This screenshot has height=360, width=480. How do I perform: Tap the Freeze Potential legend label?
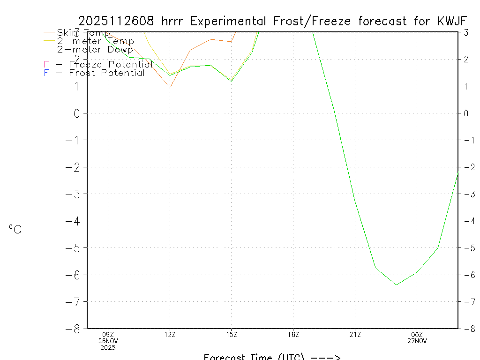pyautogui.click(x=98, y=64)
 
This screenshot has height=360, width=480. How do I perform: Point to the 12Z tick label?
pyautogui.click(x=170, y=334)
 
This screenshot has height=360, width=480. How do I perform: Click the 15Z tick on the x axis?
pyautogui.click(x=231, y=334)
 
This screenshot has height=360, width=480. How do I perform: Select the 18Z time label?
pyautogui.click(x=293, y=334)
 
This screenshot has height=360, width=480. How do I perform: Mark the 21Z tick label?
pyautogui.click(x=355, y=334)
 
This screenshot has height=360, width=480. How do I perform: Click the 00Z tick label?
pyautogui.click(x=416, y=334)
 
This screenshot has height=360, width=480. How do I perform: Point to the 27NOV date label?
pyautogui.click(x=416, y=341)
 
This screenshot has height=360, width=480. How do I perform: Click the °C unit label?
pyautogui.click(x=15, y=230)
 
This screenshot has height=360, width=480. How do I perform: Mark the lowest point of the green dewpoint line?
pyautogui.click(x=397, y=285)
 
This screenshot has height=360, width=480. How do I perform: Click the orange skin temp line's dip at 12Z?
pyautogui.click(x=170, y=87)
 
